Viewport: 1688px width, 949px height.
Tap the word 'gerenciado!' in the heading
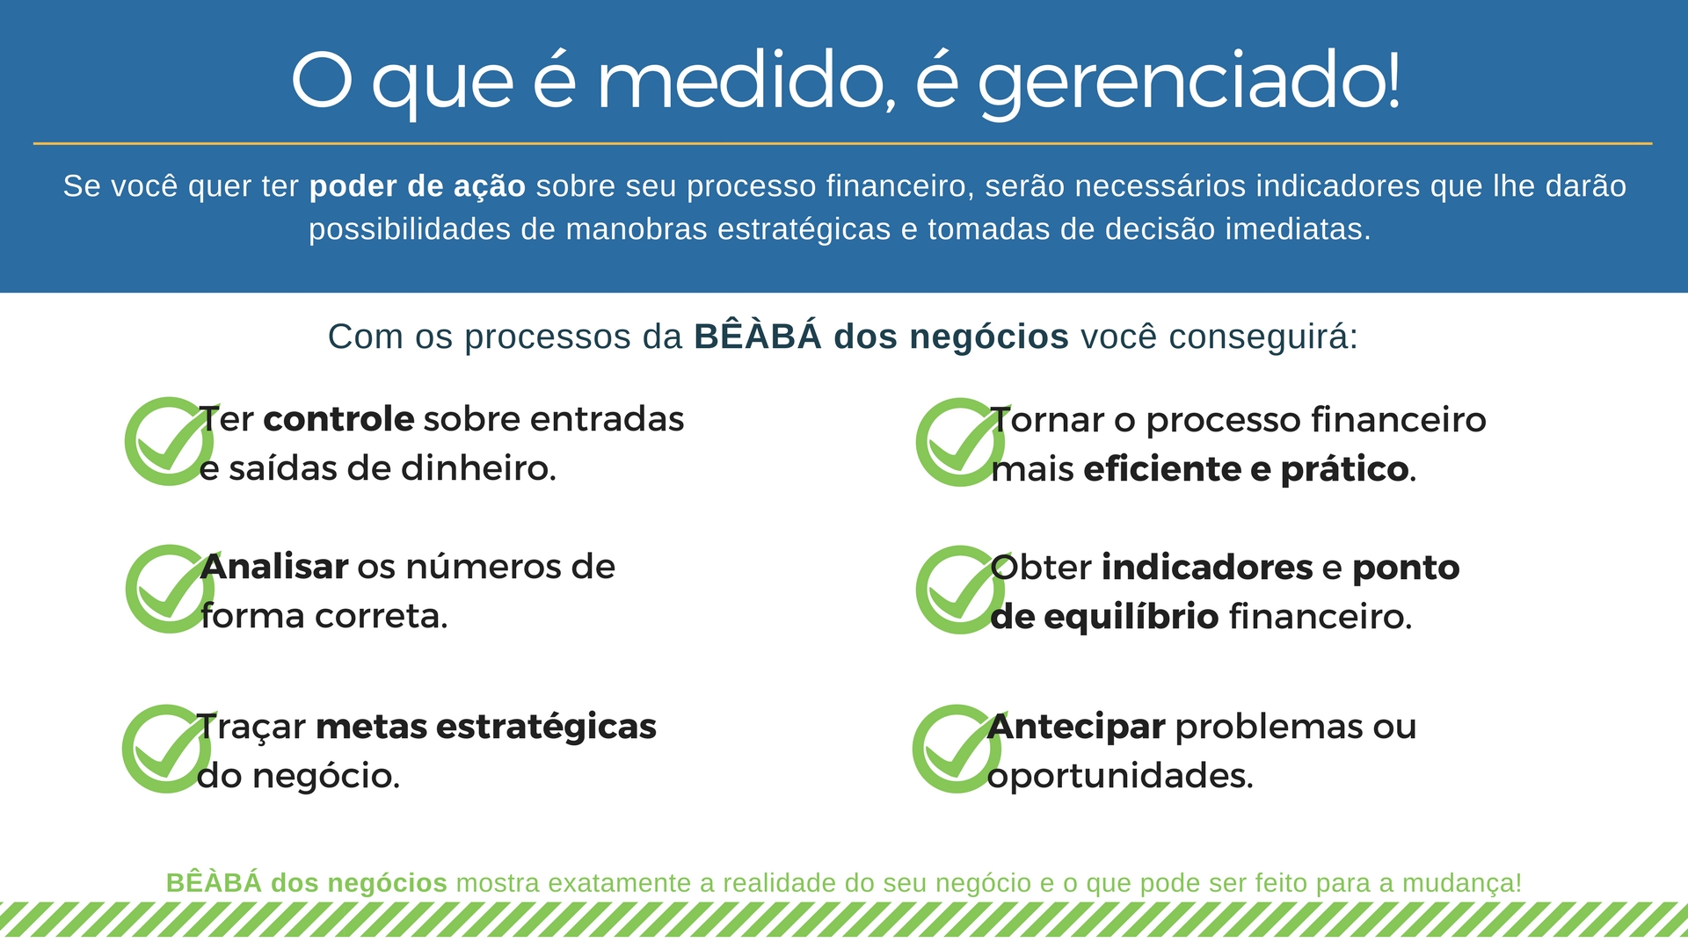point(1190,84)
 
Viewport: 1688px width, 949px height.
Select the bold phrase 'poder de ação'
point(418,187)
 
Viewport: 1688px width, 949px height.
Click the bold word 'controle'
point(338,419)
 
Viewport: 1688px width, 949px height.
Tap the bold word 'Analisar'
point(274,567)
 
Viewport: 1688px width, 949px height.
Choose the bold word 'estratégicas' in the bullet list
point(546,728)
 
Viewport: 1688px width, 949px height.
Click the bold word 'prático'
point(1344,470)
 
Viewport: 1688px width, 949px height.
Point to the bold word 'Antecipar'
point(1076,728)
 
